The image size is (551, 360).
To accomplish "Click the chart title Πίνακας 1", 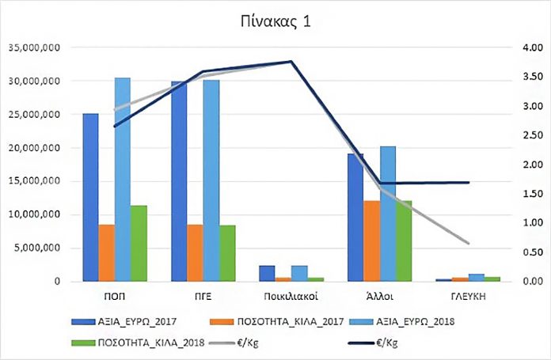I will [x=275, y=21].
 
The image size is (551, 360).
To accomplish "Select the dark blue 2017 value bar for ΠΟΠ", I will [x=91, y=198].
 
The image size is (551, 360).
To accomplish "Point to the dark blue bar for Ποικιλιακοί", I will [x=267, y=274].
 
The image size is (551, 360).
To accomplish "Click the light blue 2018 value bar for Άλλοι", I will [x=387, y=214].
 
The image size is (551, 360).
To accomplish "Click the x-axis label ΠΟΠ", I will [x=115, y=296].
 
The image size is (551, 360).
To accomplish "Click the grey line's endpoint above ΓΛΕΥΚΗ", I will [x=469, y=243].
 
